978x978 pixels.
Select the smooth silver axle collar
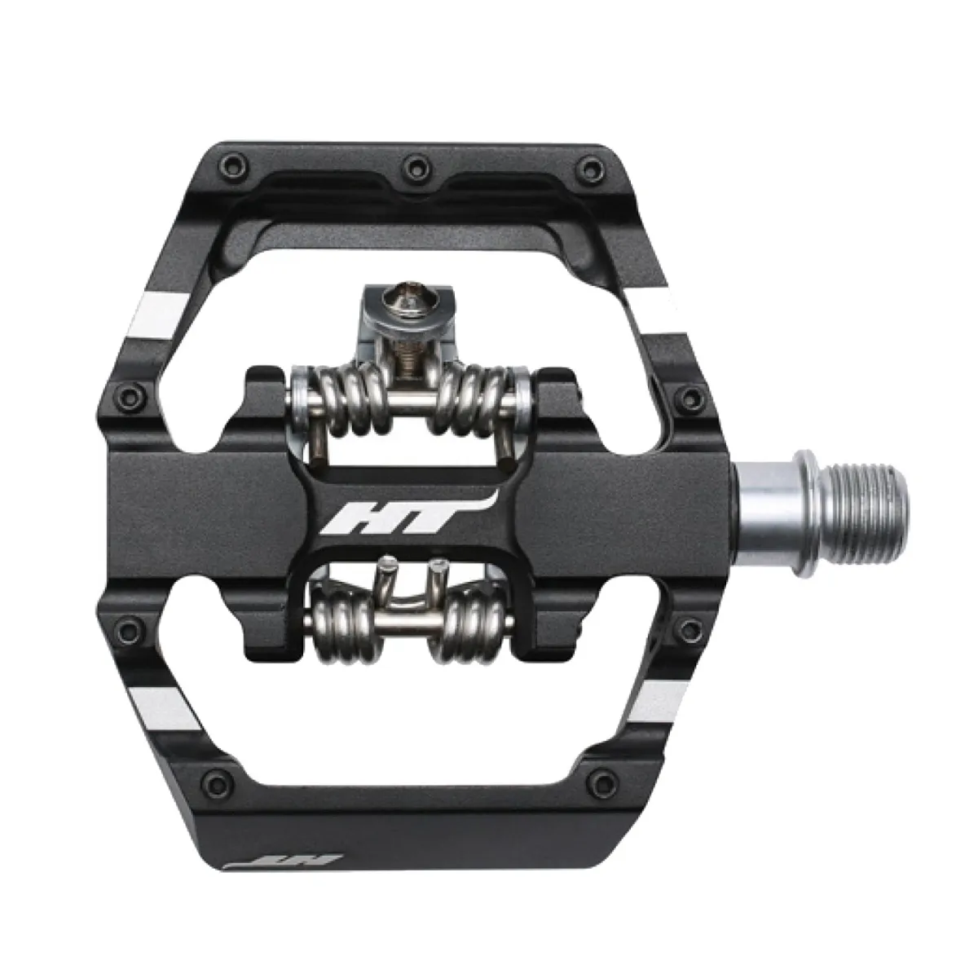tap(764, 496)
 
